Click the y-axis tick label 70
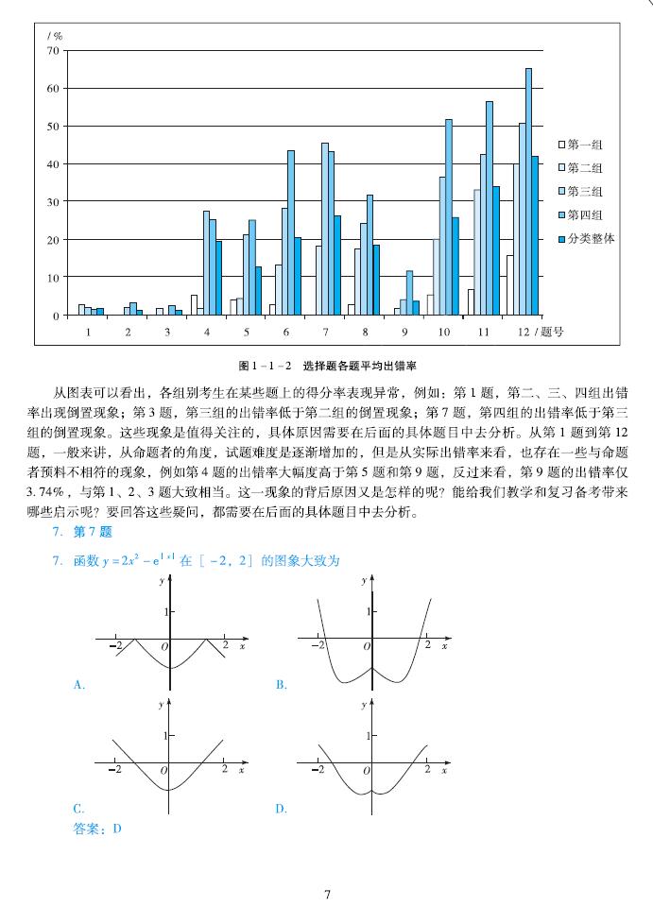pyautogui.click(x=53, y=50)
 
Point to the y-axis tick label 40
pyautogui.click(x=53, y=163)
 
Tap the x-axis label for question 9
pyautogui.click(x=404, y=332)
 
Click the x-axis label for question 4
pyautogui.click(x=206, y=332)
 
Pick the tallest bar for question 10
pyautogui.click(x=449, y=216)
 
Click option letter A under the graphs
pyautogui.click(x=79, y=685)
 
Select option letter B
pyautogui.click(x=281, y=685)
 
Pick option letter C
pyautogui.click(x=79, y=809)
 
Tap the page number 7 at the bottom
pyautogui.click(x=327, y=894)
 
